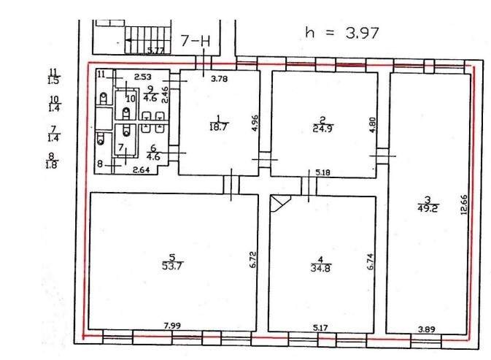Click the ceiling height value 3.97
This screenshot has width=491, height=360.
(362, 33)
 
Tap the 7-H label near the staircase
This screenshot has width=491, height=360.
(196, 41)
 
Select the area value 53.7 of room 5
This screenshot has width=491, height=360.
(172, 266)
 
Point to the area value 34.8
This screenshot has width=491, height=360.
(321, 268)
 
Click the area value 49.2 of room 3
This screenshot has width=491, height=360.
(428, 208)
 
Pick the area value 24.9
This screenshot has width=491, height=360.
(323, 129)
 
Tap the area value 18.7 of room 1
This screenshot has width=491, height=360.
(218, 127)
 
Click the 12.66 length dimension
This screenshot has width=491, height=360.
(464, 204)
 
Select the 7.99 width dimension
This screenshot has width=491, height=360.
(172, 326)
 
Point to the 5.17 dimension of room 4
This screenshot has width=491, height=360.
(320, 328)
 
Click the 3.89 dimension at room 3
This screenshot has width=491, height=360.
(427, 329)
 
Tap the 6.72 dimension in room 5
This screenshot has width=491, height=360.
(253, 259)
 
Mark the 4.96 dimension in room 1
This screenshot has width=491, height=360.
(255, 123)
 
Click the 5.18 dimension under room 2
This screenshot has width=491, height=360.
(323, 172)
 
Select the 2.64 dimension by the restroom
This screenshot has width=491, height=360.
(142, 170)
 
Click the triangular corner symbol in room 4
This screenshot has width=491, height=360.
(279, 204)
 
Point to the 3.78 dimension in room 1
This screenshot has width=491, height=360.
(219, 79)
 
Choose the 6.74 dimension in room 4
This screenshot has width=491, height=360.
(370, 261)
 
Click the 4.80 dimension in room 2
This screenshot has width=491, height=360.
(372, 125)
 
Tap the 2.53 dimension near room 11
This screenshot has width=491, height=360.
(143, 77)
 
